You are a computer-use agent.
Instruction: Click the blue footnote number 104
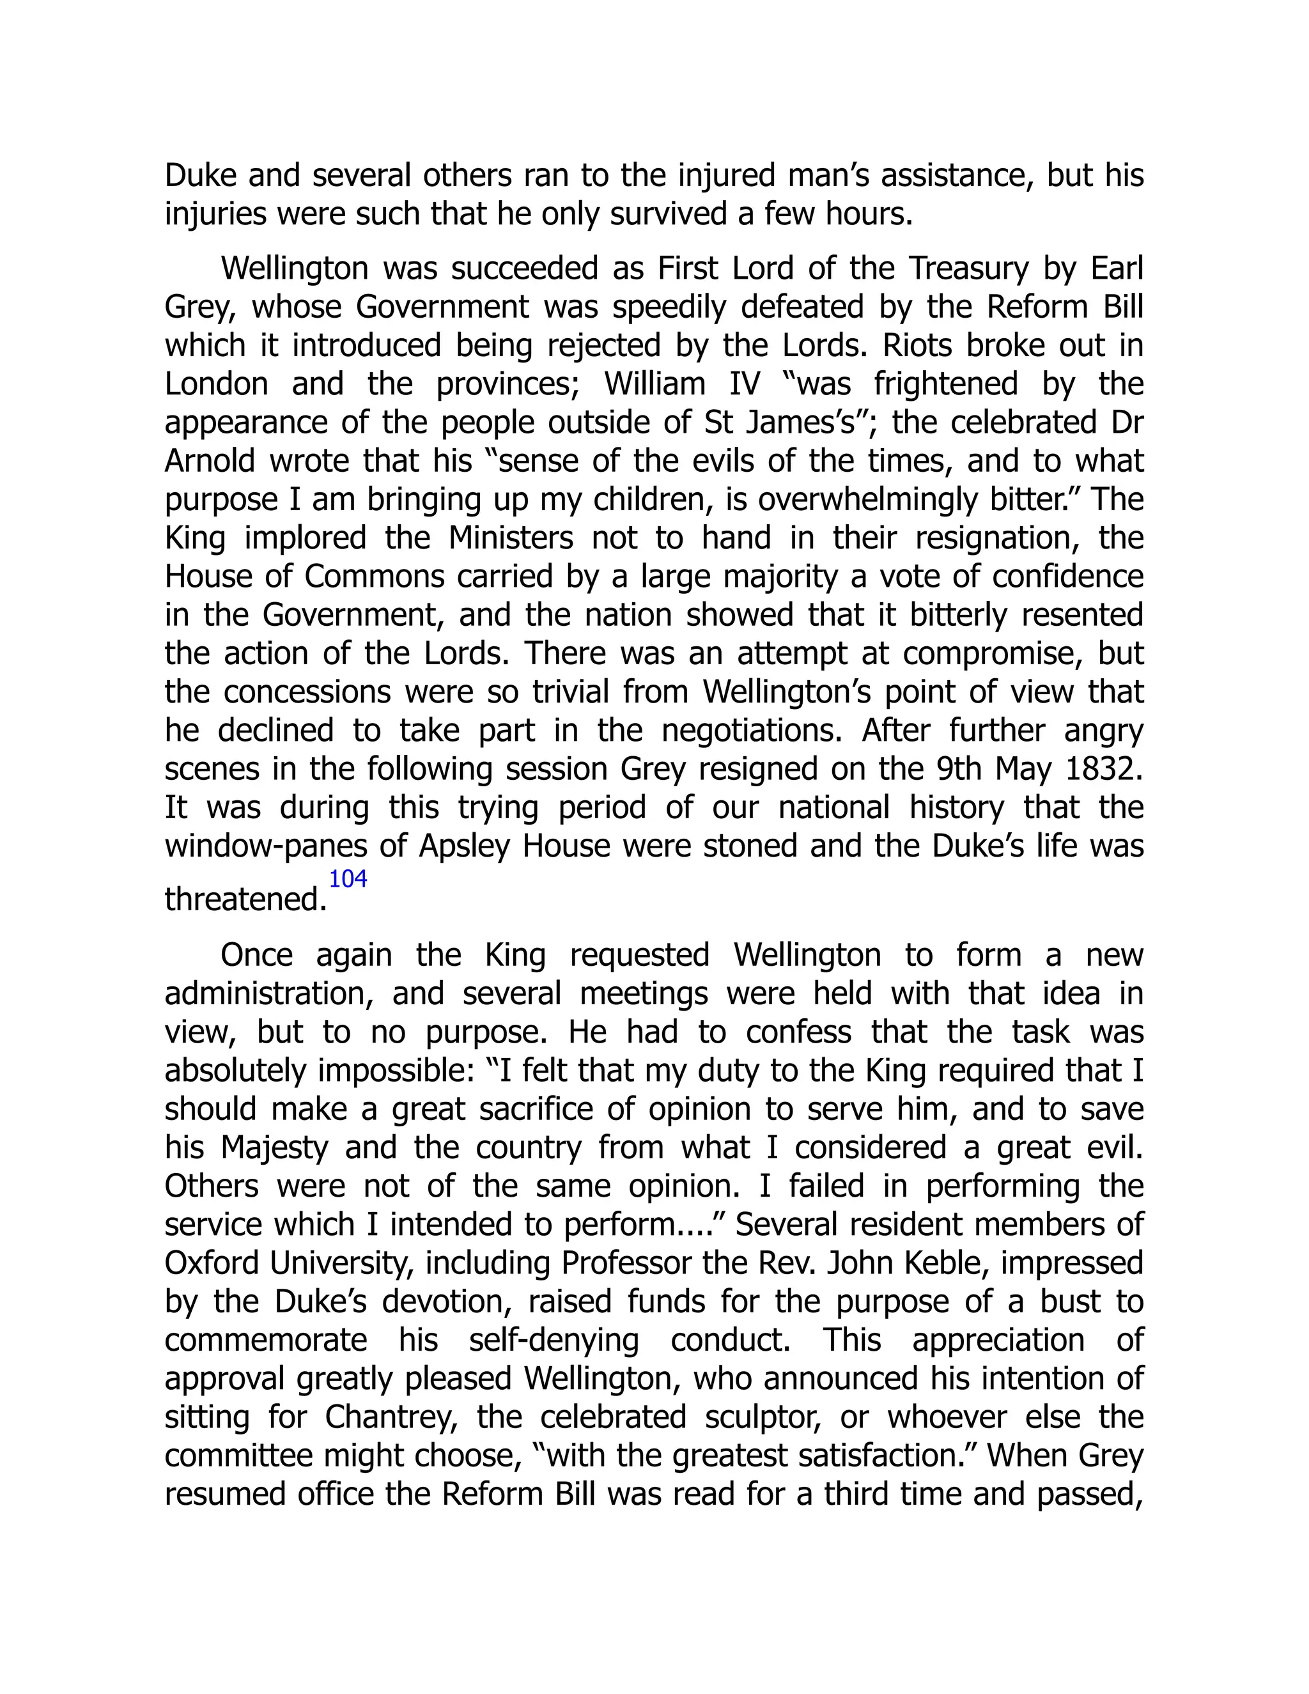click(348, 880)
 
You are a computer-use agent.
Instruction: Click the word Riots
click(914, 346)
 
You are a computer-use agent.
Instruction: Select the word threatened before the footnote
click(245, 900)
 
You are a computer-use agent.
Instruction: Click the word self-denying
click(554, 1340)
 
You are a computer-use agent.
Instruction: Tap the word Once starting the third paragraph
click(257, 956)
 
